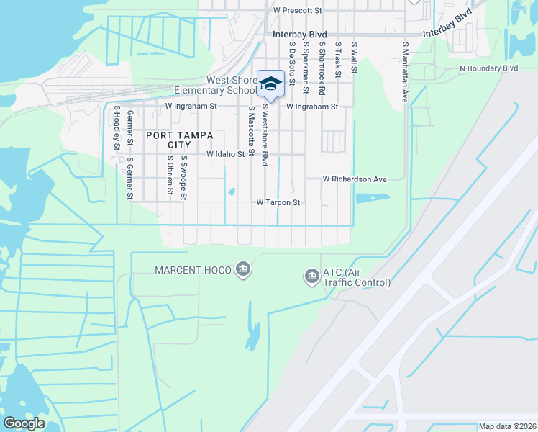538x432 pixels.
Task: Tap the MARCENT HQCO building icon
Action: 244,270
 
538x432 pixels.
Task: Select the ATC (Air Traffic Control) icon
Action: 311,276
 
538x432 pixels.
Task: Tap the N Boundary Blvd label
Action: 489,68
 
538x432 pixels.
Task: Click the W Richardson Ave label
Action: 355,179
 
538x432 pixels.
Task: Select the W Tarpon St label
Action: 278,203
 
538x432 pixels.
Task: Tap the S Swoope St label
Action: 185,176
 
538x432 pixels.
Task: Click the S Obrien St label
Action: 170,175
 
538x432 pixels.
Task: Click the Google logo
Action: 24,423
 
